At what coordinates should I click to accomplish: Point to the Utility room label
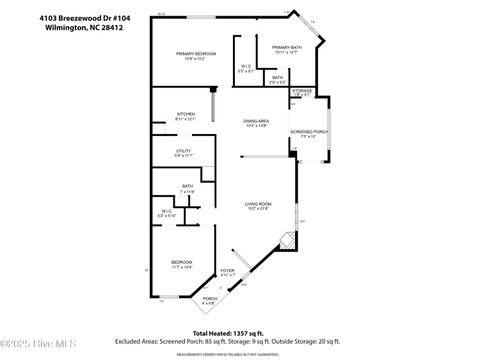point(183,153)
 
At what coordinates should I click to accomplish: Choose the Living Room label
point(258,205)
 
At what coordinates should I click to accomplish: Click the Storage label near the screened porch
point(302,92)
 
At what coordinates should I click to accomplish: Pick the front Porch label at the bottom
point(210,300)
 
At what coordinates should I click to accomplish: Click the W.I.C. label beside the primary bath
point(245,70)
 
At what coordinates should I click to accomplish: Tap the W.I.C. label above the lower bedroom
point(168,213)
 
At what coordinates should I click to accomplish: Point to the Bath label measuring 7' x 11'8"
point(187,188)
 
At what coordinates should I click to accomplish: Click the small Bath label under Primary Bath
point(277,79)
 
